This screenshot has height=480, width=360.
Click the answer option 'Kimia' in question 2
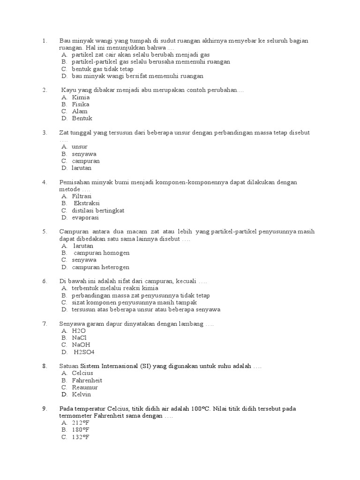point(81,97)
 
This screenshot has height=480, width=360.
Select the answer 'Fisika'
point(81,105)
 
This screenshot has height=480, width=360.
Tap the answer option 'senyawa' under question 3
point(84,154)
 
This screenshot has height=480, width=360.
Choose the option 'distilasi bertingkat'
point(98,210)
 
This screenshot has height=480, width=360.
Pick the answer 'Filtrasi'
point(82,196)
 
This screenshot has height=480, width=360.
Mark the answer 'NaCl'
point(80,338)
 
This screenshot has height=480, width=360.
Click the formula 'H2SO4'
point(84,352)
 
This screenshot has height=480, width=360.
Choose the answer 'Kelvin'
point(82,395)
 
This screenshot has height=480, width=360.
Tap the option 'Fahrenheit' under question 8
point(87,381)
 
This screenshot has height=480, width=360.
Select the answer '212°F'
point(81,423)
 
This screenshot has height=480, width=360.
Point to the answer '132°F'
point(81,437)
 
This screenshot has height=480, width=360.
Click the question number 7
point(45,324)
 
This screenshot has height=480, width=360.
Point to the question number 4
point(45,182)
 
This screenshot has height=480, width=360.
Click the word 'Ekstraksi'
point(87,203)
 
